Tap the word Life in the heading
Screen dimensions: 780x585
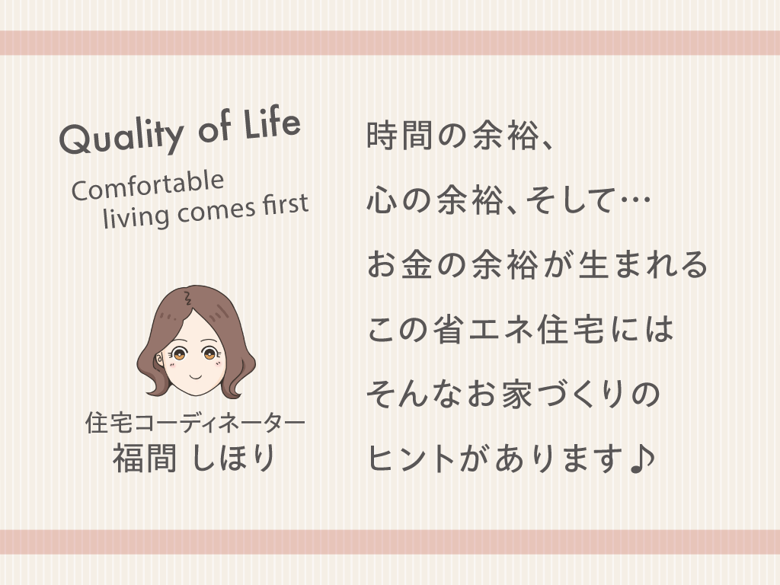pyautogui.click(x=272, y=123)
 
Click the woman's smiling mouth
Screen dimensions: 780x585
pyautogui.click(x=196, y=376)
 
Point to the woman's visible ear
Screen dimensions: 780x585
pyautogui.click(x=160, y=359)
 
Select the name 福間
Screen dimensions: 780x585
pyautogui.click(x=144, y=458)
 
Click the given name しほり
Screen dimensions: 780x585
pyautogui.click(x=233, y=458)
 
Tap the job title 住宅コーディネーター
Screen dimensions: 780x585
pyautogui.click(x=195, y=423)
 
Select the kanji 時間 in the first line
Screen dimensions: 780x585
pyautogui.click(x=400, y=135)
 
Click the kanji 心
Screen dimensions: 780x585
pyautogui.click(x=382, y=200)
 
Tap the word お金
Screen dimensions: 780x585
pyautogui.click(x=399, y=264)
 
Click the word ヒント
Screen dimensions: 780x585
pyautogui.click(x=411, y=458)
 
